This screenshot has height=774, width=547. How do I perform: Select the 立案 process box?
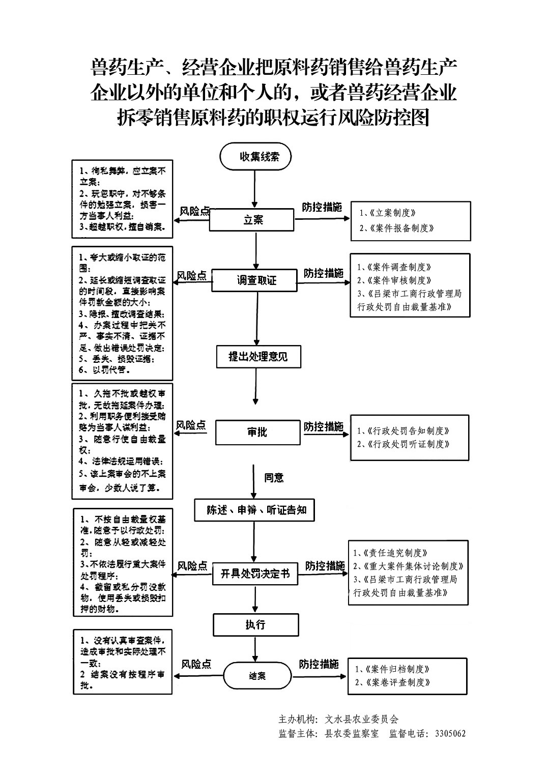tap(253, 220)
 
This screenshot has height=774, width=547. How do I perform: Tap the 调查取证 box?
tap(254, 280)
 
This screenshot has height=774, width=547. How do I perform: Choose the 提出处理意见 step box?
tap(258, 356)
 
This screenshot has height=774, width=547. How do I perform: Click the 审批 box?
tap(257, 432)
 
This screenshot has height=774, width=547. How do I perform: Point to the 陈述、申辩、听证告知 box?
tap(254, 510)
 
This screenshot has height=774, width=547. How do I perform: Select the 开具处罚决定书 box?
tap(254, 574)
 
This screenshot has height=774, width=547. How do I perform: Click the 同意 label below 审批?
tap(274, 477)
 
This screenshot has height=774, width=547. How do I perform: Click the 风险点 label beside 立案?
tap(194, 211)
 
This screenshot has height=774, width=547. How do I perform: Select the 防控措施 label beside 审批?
tap(324, 426)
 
